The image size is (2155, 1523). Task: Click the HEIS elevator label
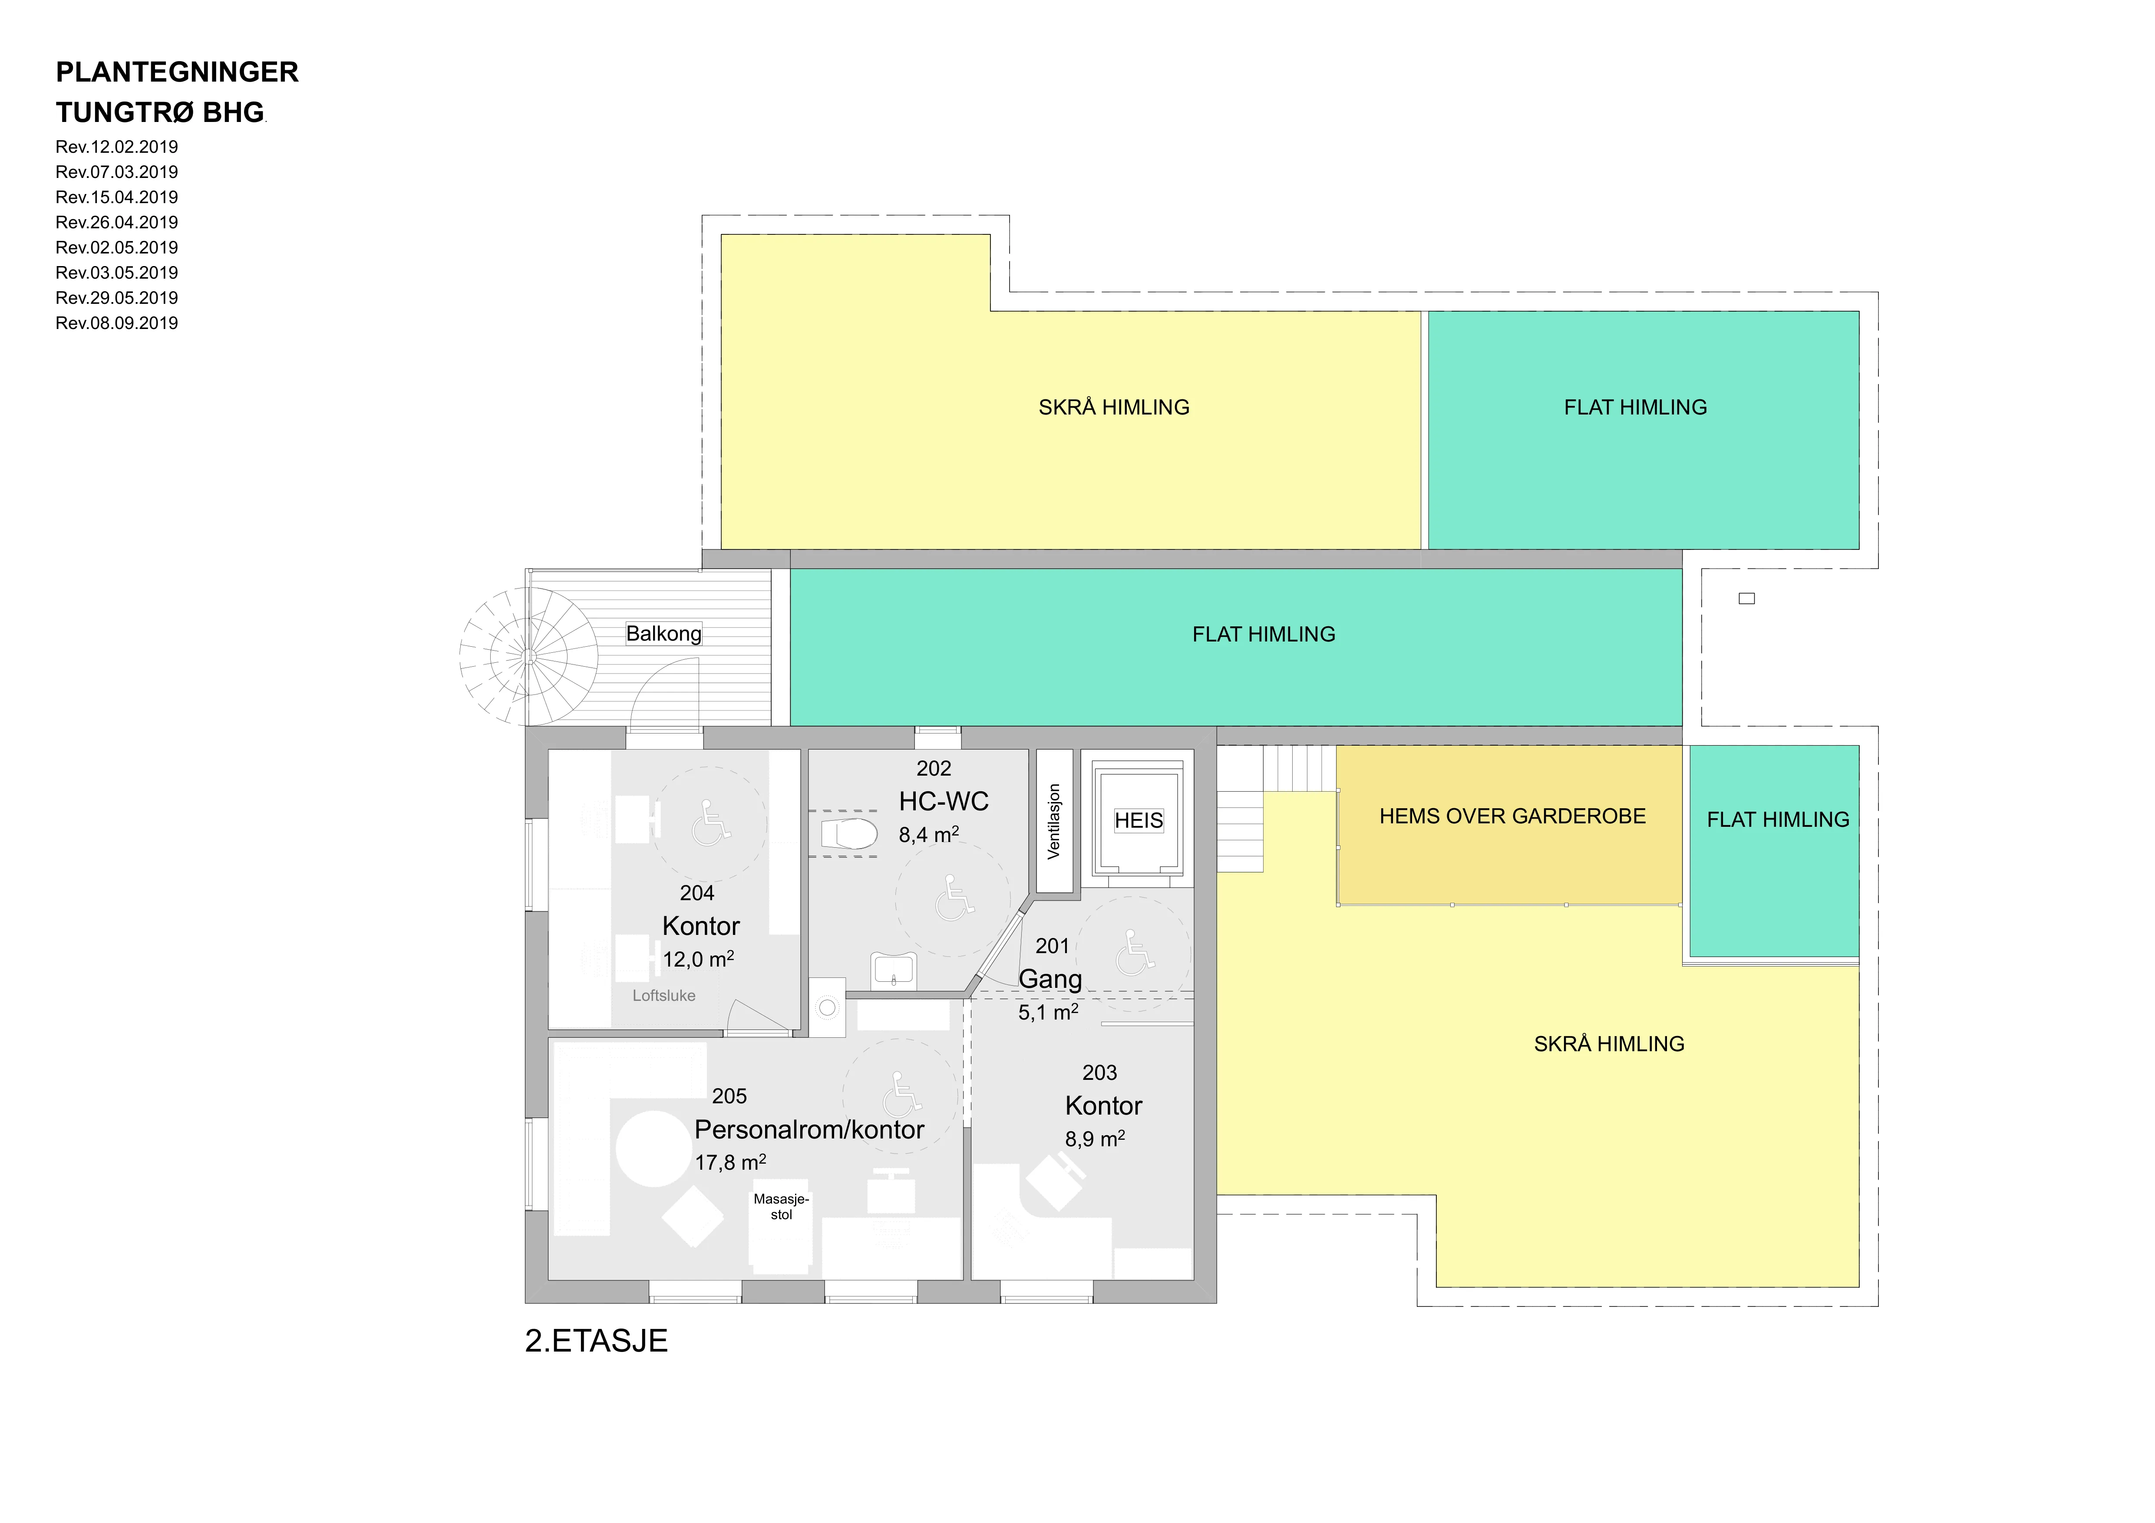tap(1139, 821)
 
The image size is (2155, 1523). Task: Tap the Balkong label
tap(663, 633)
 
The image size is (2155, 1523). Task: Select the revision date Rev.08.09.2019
tap(116, 323)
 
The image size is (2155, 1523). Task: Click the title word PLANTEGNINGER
tap(178, 72)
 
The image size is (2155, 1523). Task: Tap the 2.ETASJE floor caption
tap(596, 1341)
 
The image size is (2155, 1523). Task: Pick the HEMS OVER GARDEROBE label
tap(1512, 816)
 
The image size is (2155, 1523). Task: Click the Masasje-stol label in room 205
tap(781, 1207)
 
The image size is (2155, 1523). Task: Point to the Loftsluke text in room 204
tap(663, 996)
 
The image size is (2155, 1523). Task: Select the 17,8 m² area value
tap(730, 1162)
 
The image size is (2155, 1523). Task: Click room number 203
tap(1099, 1072)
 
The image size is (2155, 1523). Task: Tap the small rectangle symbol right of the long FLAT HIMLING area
tap(1747, 599)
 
